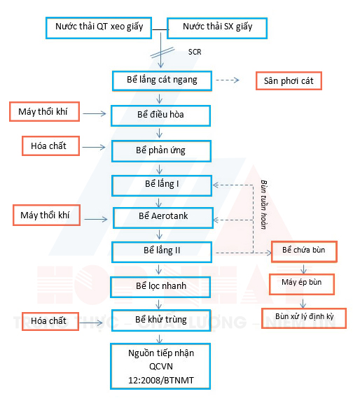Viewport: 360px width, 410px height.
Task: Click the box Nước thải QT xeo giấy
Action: [99, 29]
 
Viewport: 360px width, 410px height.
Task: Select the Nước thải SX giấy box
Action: [217, 29]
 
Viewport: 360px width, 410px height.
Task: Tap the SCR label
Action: [195, 52]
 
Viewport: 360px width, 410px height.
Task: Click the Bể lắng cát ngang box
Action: [162, 80]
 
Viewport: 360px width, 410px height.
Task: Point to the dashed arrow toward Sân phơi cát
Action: [227, 80]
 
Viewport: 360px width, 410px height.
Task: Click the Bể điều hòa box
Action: [162, 114]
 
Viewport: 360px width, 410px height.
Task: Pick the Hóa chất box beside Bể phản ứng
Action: [49, 146]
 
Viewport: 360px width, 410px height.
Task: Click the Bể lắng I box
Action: [162, 184]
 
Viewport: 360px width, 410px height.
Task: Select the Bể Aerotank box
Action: [162, 217]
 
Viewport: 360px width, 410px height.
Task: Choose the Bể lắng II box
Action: [162, 250]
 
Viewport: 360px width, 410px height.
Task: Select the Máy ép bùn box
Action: [302, 283]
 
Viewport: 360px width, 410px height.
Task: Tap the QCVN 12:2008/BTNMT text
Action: [162, 372]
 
